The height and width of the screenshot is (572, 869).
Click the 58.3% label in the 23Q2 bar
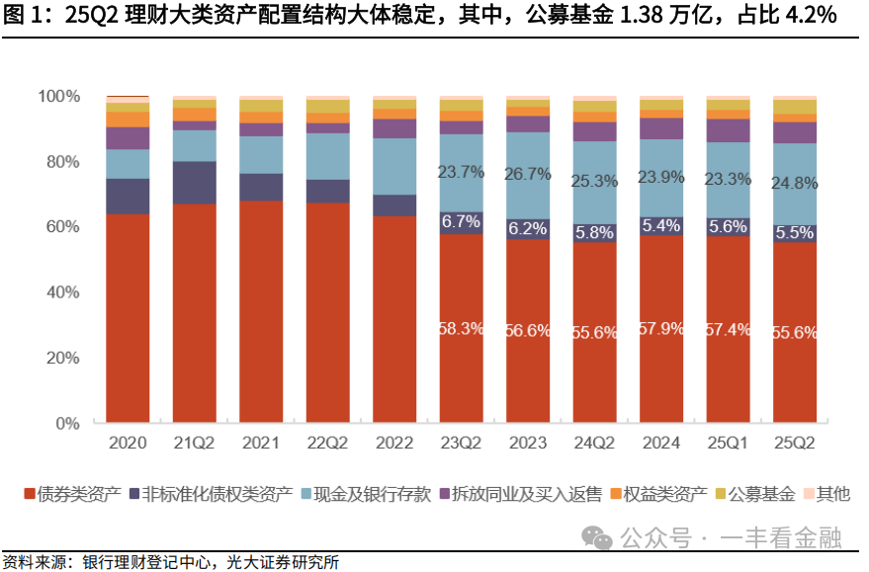[x=462, y=329]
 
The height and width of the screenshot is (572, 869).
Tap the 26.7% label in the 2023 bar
[x=529, y=174]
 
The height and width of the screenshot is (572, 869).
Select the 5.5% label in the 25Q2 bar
[x=795, y=234]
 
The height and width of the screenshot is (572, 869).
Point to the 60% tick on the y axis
[x=58, y=227]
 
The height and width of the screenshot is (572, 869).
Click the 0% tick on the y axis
[x=65, y=424]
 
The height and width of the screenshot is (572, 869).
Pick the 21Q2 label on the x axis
[x=195, y=445]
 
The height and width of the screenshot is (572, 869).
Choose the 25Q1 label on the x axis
[x=729, y=445]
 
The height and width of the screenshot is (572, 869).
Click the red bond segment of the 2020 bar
[x=128, y=316]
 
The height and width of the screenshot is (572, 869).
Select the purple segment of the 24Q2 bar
[x=595, y=131]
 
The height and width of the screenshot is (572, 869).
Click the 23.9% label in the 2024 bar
[x=662, y=178]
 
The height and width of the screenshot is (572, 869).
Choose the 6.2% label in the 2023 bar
[x=529, y=228]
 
